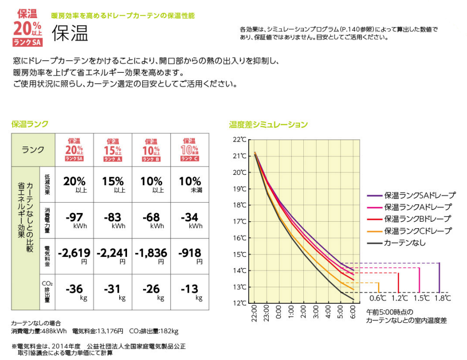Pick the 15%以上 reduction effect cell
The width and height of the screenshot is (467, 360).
click(x=113, y=184)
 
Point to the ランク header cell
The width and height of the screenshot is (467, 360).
click(x=33, y=149)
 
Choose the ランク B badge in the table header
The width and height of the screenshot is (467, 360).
click(x=151, y=149)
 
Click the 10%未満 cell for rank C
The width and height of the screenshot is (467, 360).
click(x=190, y=184)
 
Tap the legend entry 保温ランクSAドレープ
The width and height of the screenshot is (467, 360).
click(x=420, y=195)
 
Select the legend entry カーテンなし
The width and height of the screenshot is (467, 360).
click(x=404, y=242)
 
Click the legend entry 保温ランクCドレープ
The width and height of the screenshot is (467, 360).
click(x=418, y=231)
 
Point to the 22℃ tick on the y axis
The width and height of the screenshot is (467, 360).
click(x=240, y=140)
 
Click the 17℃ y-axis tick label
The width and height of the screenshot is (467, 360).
click(x=240, y=221)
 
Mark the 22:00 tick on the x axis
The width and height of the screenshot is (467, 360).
click(x=255, y=312)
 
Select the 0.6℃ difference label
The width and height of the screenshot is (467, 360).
click(x=378, y=298)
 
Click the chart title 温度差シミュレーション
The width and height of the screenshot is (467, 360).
click(x=269, y=125)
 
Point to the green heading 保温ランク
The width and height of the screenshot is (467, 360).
click(x=30, y=124)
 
